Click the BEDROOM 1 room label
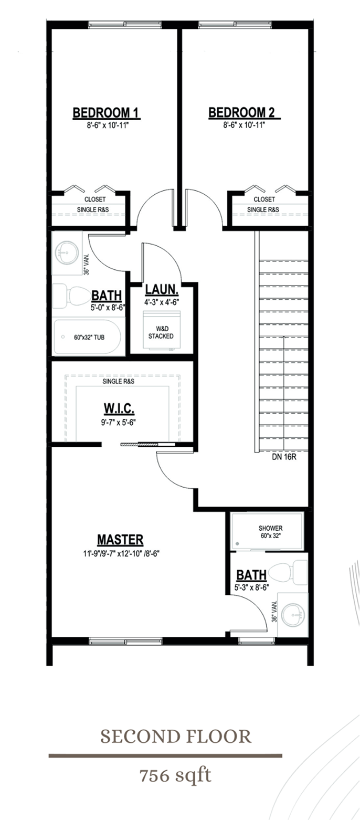pyautogui.click(x=105, y=112)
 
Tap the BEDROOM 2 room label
pyautogui.click(x=242, y=112)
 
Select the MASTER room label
pyautogui.click(x=120, y=540)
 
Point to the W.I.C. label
pyautogui.click(x=120, y=408)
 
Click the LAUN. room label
pyautogui.click(x=162, y=290)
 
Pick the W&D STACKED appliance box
pyautogui.click(x=162, y=331)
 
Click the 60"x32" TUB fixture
pyautogui.click(x=88, y=337)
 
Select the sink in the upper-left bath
pyautogui.click(x=68, y=253)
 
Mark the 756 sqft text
pyautogui.click(x=175, y=775)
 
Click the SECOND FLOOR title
pyautogui.click(x=176, y=736)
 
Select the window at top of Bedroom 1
pyautogui.click(x=125, y=24)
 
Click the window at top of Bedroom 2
pyautogui.click(x=235, y=24)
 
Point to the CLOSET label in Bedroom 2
pyautogui.click(x=264, y=199)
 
